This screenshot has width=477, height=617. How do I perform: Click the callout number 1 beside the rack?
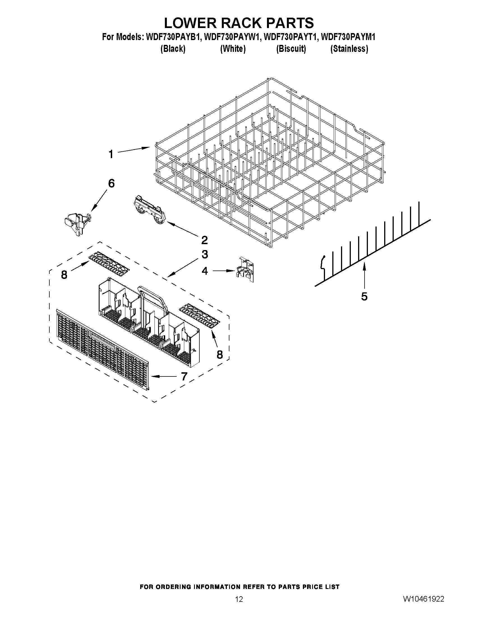click(111, 154)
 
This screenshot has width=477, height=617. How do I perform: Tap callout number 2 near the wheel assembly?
click(204, 240)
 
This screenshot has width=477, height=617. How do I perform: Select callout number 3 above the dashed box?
click(205, 254)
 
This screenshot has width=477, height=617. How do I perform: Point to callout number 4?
click(205, 271)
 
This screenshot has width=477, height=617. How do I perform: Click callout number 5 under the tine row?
click(364, 296)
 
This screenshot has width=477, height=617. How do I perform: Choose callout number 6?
click(111, 184)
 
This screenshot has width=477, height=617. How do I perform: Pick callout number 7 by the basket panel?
click(184, 376)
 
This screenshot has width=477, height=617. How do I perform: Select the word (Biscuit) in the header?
click(291, 49)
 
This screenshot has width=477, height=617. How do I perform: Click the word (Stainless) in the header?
click(349, 49)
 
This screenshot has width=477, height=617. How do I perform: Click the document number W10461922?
click(424, 599)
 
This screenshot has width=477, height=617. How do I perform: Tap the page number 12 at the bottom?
click(239, 599)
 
